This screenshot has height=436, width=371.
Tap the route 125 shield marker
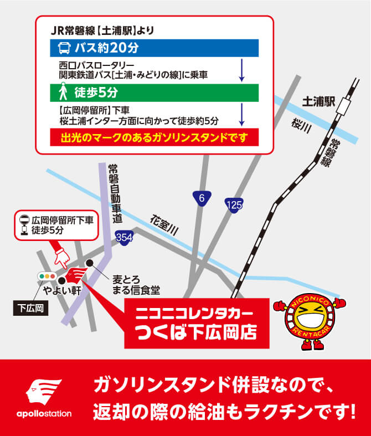[x=234, y=205]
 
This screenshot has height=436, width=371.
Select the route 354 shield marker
[x=124, y=238]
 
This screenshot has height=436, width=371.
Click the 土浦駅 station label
[x=319, y=101]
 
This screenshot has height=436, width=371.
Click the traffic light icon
[x=47, y=275]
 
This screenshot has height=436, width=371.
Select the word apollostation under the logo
[x=44, y=413]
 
